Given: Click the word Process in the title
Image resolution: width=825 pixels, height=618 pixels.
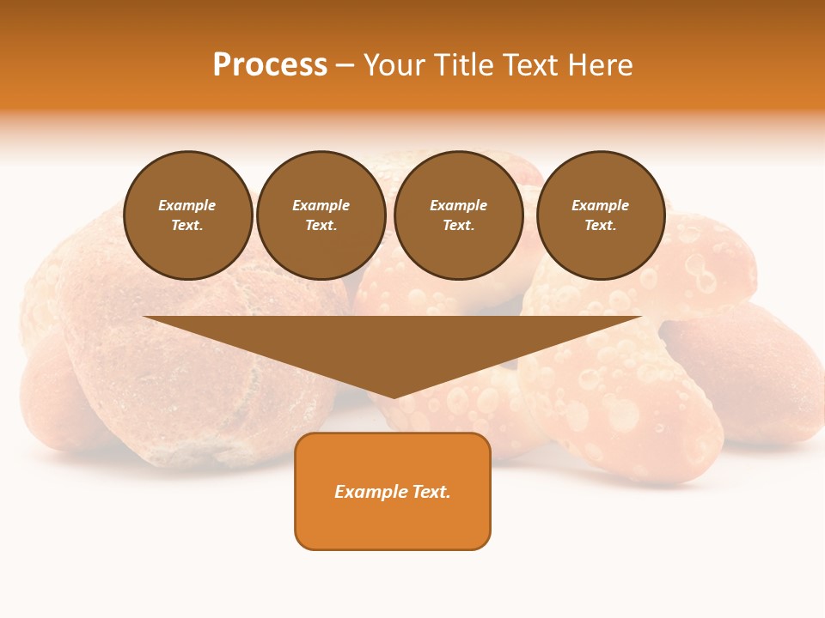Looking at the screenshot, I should pos(270,65).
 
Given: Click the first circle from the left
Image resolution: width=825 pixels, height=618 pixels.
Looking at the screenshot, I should pos(188,215).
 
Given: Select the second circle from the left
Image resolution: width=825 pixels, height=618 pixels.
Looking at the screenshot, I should pos(321,215).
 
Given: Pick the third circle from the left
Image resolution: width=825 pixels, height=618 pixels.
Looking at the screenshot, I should pos(459,215).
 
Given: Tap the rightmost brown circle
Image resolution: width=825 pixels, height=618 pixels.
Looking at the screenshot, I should pos(601,215).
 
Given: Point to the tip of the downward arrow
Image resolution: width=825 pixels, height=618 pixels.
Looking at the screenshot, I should pos(394,396).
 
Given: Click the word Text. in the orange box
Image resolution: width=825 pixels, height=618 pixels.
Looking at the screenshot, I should pos(431,492).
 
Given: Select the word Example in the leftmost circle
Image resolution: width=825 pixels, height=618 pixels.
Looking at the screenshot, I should pos(187,205).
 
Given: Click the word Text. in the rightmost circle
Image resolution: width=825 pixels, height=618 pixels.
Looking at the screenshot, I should pos(601,226).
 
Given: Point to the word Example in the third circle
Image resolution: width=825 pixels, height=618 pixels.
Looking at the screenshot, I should pos(459,205).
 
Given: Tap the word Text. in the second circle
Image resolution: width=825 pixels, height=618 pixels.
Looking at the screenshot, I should pos(321,226).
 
